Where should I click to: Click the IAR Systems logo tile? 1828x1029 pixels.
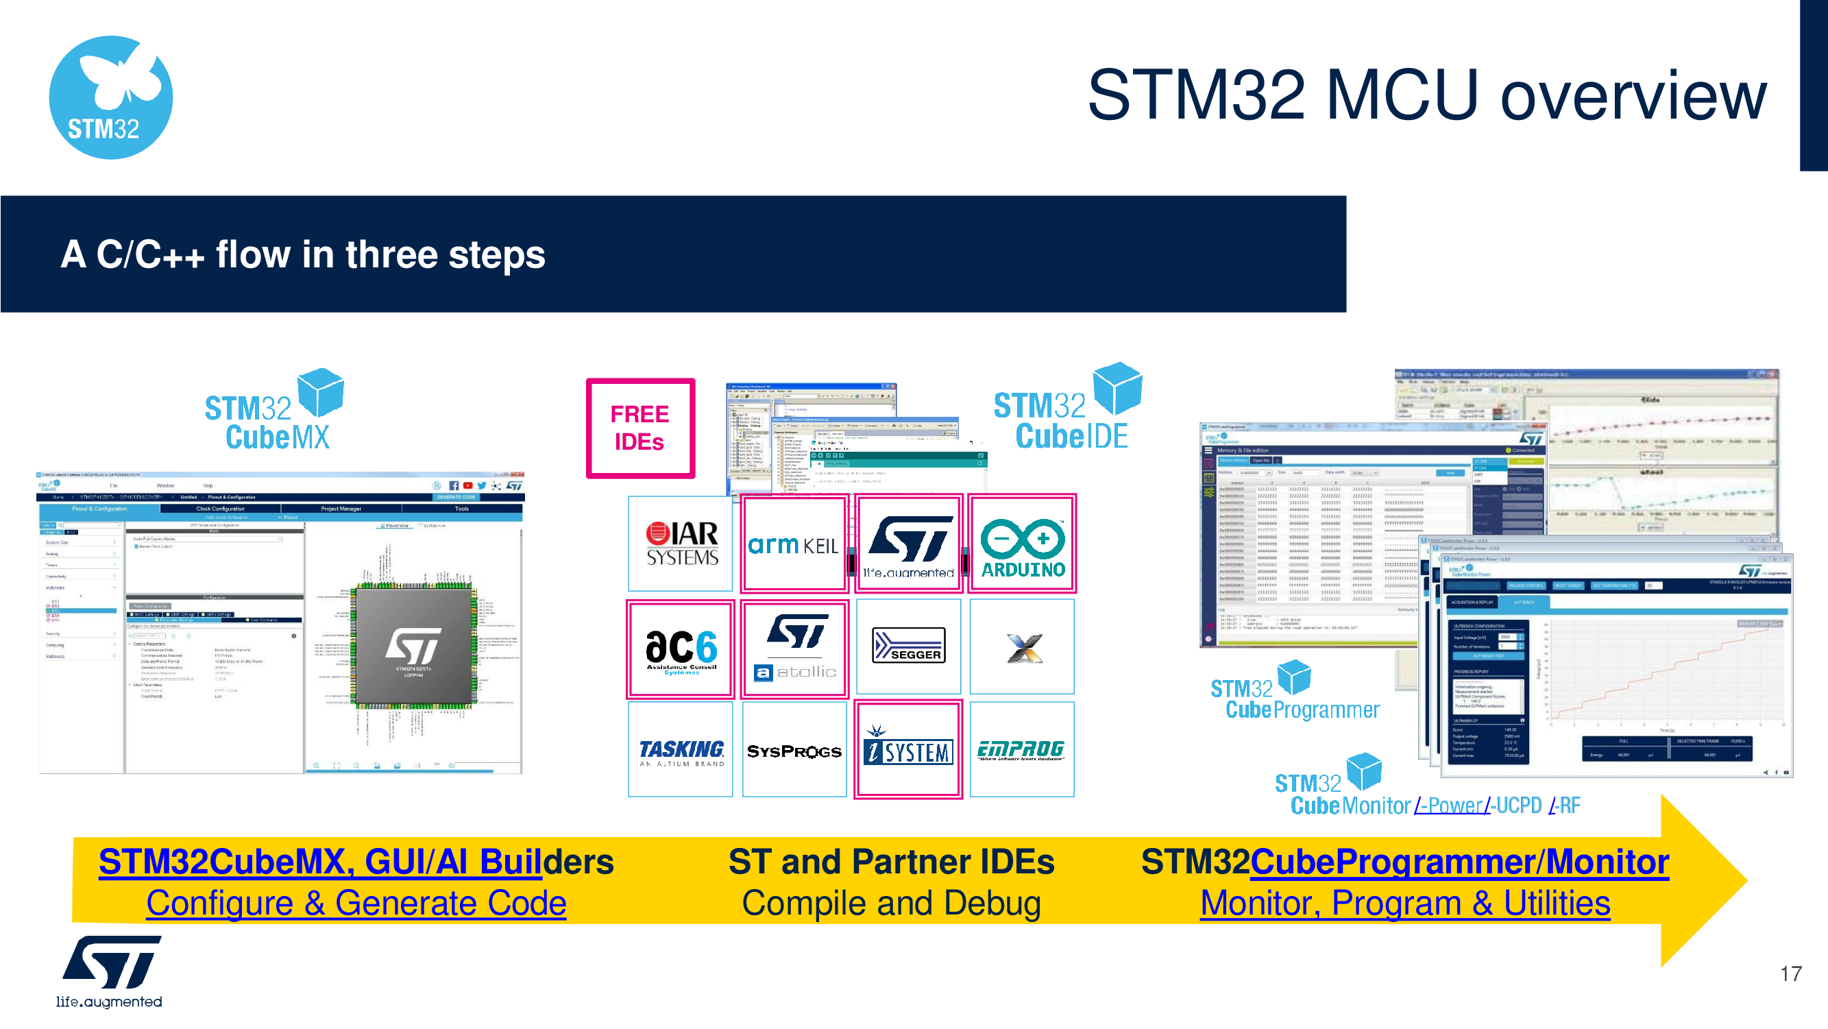point(681,544)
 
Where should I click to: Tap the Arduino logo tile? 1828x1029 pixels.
point(1022,544)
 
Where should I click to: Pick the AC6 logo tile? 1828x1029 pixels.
point(681,649)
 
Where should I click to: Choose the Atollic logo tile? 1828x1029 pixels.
point(794,649)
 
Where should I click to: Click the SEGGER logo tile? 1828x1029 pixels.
point(908,646)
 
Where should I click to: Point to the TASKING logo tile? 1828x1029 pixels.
point(681,750)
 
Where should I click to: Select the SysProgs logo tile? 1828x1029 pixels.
point(794,750)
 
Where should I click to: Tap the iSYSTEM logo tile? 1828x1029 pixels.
point(908,750)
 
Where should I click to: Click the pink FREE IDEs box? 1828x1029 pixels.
point(640,428)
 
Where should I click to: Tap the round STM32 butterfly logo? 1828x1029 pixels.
point(111,98)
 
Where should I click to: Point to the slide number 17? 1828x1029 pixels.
point(1790,973)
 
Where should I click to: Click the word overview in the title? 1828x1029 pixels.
point(1633,96)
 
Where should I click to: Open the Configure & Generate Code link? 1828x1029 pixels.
point(356,904)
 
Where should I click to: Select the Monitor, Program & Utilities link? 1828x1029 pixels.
point(1404,904)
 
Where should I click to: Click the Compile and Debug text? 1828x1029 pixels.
point(891,904)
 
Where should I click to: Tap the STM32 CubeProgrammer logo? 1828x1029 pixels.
point(1294,692)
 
